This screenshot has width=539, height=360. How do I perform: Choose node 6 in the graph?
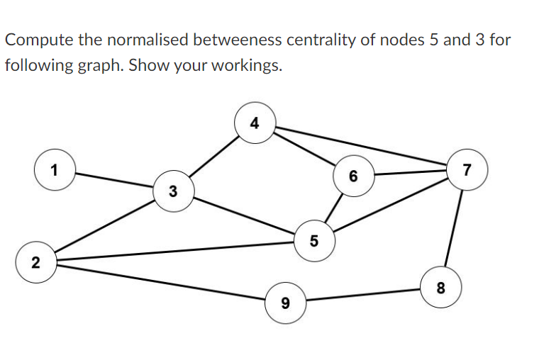pyautogui.click(x=353, y=174)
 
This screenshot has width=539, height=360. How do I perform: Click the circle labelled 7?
pyautogui.click(x=466, y=170)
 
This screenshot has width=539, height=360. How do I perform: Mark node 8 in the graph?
pyautogui.click(x=441, y=288)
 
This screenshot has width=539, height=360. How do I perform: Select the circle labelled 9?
pyautogui.click(x=284, y=303)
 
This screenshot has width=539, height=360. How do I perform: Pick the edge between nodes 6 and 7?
pyautogui.click(x=409, y=172)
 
